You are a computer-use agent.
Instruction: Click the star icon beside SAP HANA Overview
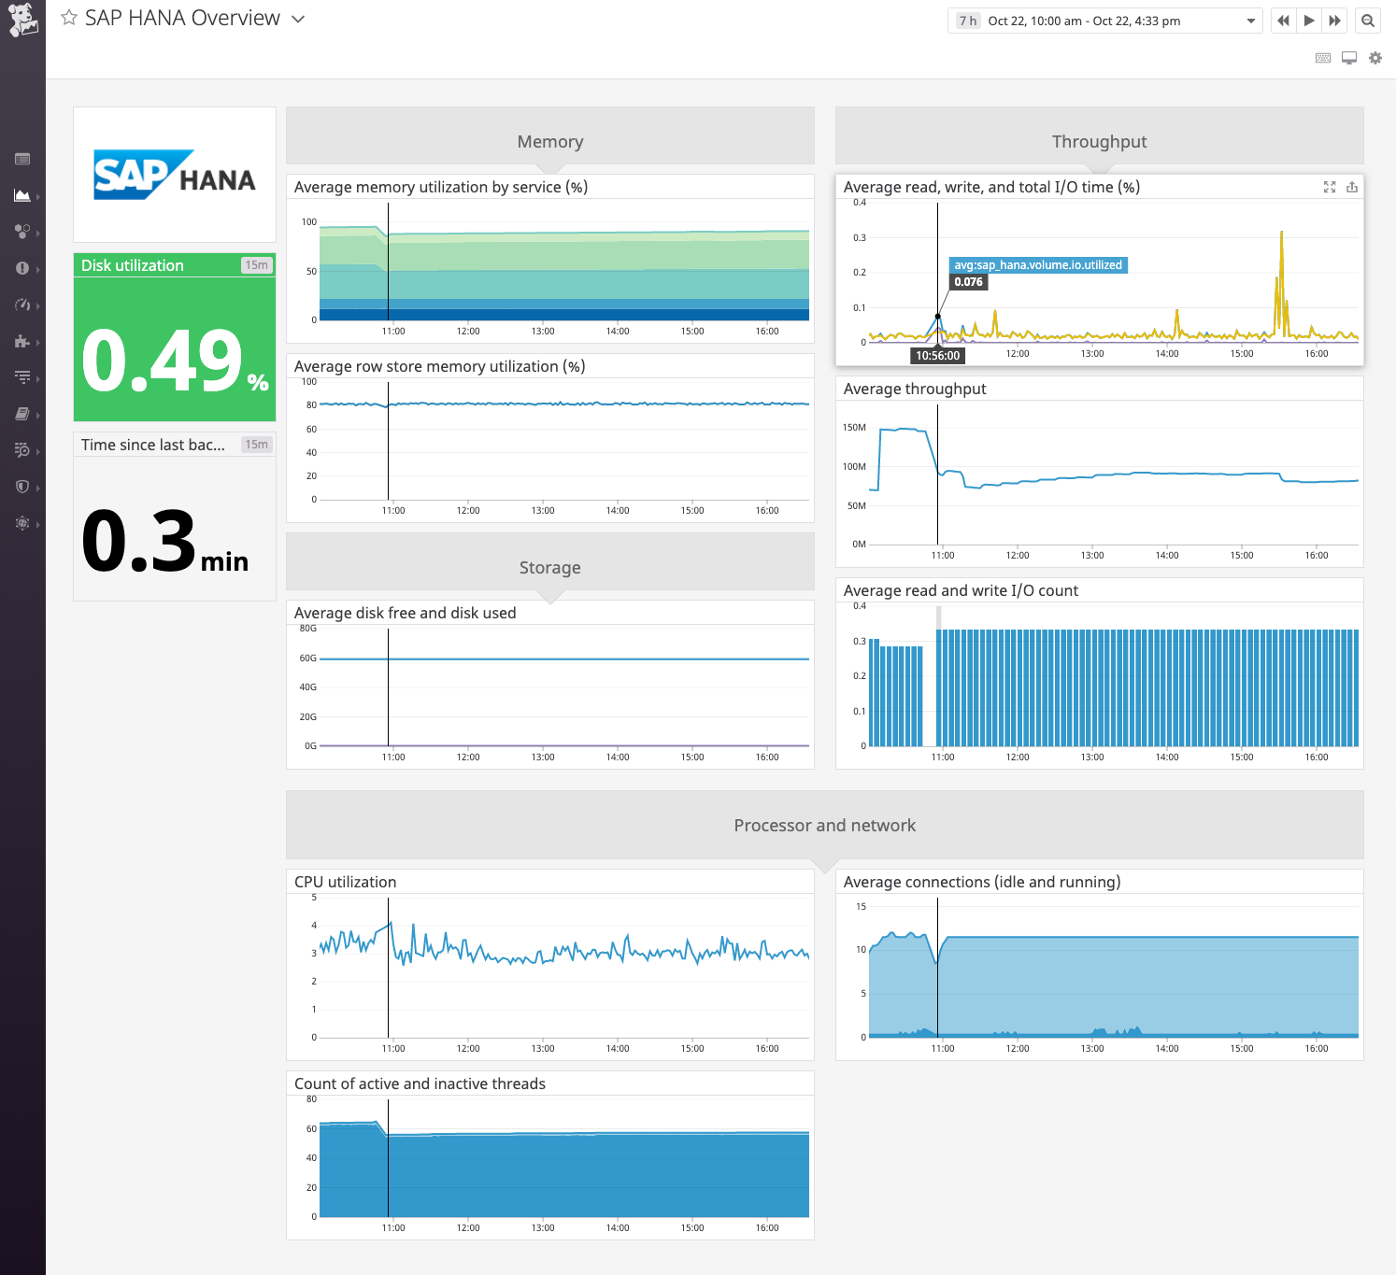pos(69,18)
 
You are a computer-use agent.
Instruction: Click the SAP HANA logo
pos(175,175)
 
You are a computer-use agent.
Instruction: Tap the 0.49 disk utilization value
pos(163,361)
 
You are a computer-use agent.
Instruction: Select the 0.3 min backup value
pos(140,541)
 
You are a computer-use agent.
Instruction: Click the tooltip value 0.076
pos(968,282)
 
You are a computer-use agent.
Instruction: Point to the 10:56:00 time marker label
pos(937,356)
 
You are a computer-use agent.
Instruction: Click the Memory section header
pos(549,142)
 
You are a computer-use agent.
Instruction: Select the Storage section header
pos(549,568)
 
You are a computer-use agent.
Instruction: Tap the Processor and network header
pos(824,826)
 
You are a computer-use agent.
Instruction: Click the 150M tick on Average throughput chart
pos(854,428)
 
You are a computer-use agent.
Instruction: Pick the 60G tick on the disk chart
pos(307,659)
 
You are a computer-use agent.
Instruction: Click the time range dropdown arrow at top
pos(1250,21)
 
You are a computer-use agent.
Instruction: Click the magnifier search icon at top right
pos(1368,21)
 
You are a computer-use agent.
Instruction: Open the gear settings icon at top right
pos(1375,58)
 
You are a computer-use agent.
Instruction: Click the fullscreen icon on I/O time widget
pos(1330,188)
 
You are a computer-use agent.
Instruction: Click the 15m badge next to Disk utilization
pos(256,265)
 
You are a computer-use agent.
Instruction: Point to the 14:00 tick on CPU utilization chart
pos(618,1048)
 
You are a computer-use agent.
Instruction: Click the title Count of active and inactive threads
pos(420,1084)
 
